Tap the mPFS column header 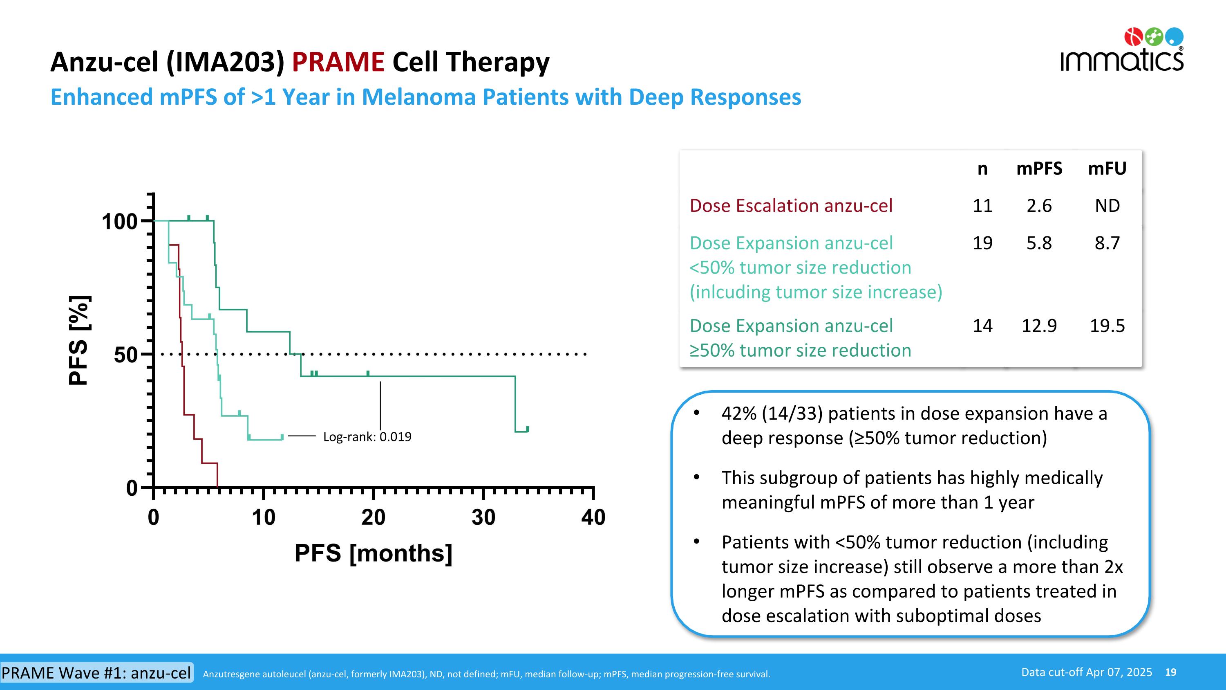click(x=1039, y=169)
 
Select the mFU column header click(x=1107, y=169)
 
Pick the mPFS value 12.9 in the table click(x=1039, y=326)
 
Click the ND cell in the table click(x=1107, y=206)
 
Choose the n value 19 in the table click(x=982, y=243)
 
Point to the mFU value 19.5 click(x=1107, y=326)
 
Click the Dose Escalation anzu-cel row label click(x=791, y=206)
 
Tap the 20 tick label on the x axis click(x=373, y=518)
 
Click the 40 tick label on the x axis click(x=593, y=518)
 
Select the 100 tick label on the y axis click(x=119, y=222)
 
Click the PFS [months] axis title click(x=373, y=553)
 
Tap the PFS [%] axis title click(x=79, y=340)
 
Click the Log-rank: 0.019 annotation click(x=367, y=437)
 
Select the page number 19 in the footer click(x=1170, y=672)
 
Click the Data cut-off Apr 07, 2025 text click(x=1087, y=672)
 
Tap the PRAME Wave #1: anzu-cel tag click(x=96, y=673)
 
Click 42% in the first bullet click(x=738, y=414)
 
